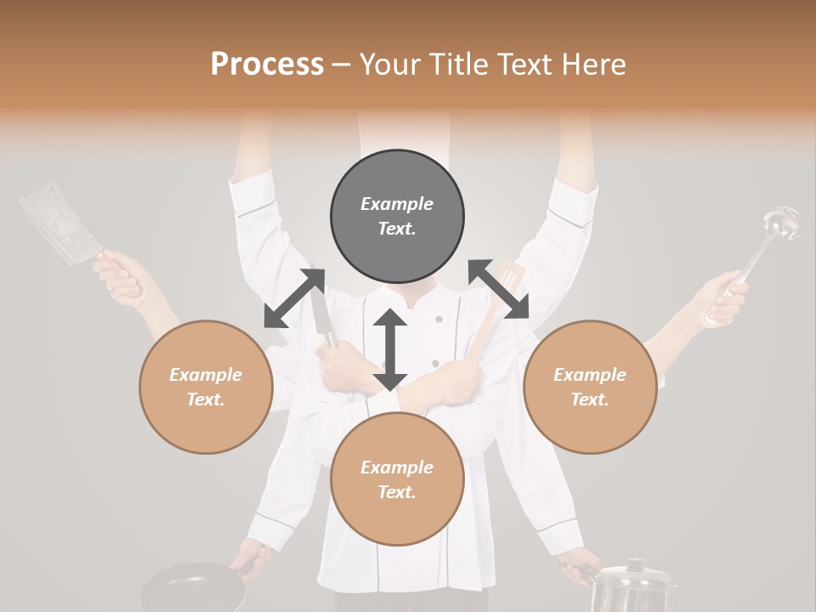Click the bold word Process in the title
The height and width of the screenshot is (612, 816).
(267, 65)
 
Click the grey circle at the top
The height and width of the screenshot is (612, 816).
(397, 217)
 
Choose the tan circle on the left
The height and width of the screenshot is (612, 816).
(206, 387)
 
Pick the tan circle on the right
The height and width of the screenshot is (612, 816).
(590, 387)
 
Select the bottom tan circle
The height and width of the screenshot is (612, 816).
(397, 479)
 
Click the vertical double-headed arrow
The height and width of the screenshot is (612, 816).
(390, 349)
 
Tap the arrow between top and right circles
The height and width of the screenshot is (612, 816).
(498, 290)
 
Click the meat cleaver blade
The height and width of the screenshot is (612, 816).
(58, 223)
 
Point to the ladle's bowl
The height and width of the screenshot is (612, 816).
(781, 223)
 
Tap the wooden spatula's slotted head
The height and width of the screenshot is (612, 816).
(510, 280)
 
